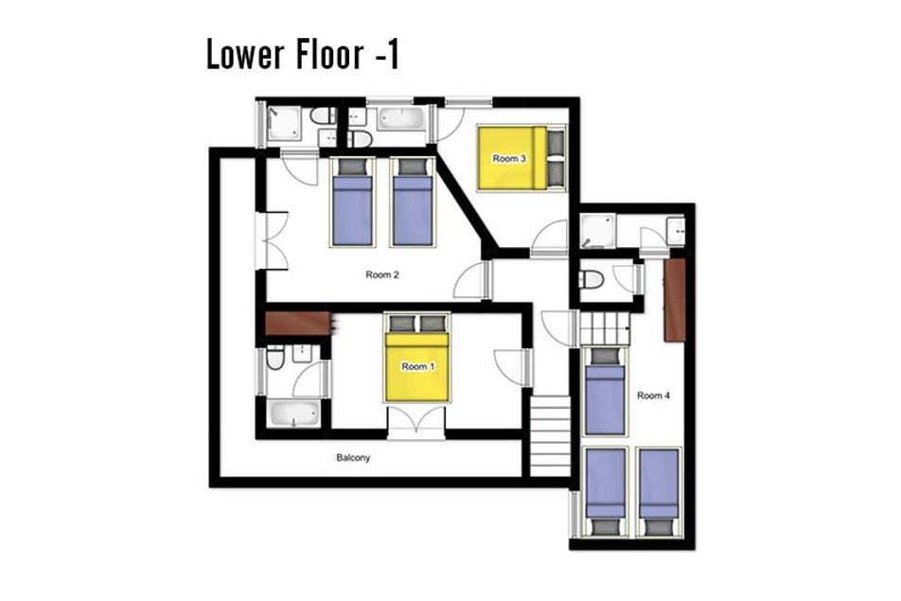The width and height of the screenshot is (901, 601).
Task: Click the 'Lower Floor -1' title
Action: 302,55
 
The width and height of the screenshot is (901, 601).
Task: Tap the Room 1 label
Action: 417,366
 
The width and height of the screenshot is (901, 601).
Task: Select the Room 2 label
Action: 382,274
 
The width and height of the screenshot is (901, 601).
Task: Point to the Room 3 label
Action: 509,159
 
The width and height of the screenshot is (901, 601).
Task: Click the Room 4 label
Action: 653,396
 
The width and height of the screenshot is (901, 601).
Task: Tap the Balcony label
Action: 353,458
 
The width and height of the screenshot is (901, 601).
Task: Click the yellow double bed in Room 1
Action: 417,358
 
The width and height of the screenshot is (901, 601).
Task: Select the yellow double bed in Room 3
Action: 521,157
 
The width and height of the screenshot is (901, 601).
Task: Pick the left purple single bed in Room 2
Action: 352,203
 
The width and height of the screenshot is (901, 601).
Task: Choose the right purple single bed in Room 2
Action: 412,203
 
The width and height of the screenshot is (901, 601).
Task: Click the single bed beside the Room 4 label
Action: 605,391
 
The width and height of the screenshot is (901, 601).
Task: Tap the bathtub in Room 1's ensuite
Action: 294,415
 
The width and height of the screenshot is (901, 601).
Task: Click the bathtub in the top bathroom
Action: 401,119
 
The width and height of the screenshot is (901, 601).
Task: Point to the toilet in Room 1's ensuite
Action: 275,358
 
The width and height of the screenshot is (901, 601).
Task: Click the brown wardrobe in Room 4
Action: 675,300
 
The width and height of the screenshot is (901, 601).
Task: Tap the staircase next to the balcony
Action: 551,435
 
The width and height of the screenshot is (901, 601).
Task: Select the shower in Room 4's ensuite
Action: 597,232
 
